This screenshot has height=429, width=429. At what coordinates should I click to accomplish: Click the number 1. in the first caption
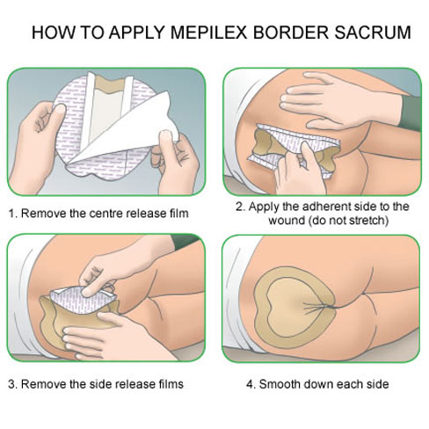tap(11, 214)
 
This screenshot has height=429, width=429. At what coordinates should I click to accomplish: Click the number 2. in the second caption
tap(240, 207)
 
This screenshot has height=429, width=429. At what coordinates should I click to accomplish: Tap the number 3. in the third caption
tap(11, 383)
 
